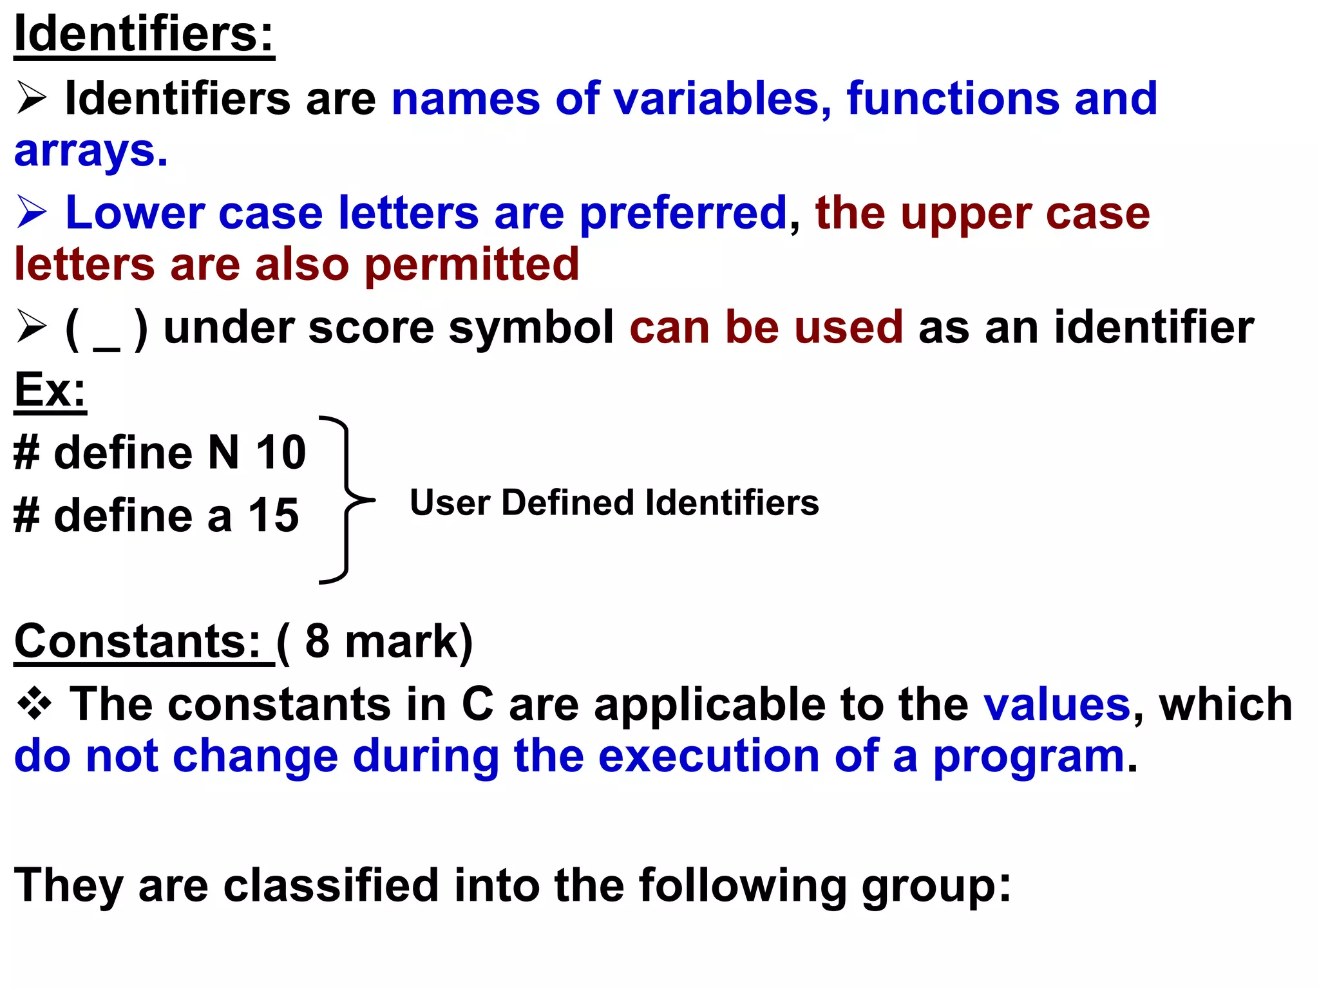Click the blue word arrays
(x=91, y=151)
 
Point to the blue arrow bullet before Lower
(x=32, y=212)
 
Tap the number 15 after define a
(x=274, y=515)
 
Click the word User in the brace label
(x=450, y=502)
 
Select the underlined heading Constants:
(x=137, y=641)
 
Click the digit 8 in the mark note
(x=317, y=641)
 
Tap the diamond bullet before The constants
(x=34, y=704)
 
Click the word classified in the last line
(x=331, y=885)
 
